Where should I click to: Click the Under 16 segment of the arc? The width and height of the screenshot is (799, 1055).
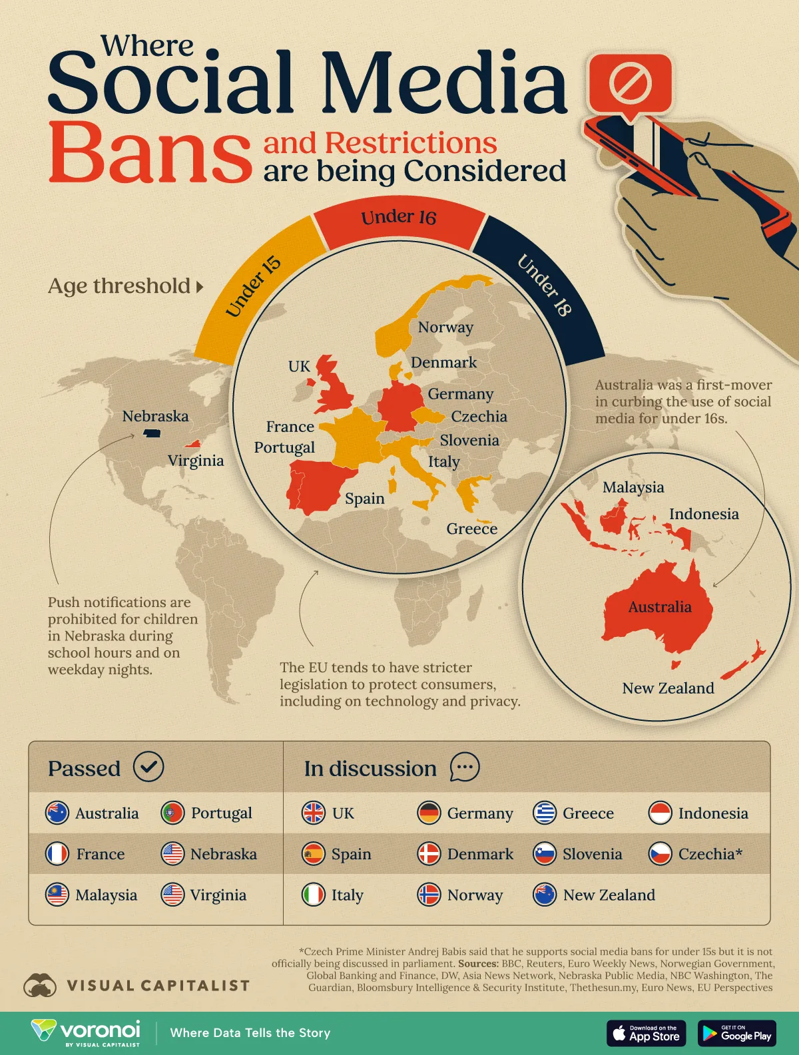pyautogui.click(x=399, y=218)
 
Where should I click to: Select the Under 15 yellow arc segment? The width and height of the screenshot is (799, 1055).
pyautogui.click(x=253, y=286)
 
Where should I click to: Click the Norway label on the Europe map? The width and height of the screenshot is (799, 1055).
pyautogui.click(x=445, y=327)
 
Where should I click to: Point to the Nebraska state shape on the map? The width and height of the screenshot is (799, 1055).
pyautogui.click(x=152, y=434)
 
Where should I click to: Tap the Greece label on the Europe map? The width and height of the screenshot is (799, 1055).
pyautogui.click(x=471, y=529)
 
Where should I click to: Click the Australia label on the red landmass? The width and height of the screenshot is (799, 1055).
pyautogui.click(x=660, y=607)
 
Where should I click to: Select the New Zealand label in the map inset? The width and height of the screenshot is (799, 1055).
pyautogui.click(x=668, y=688)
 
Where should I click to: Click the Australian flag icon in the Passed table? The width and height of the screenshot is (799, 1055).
pyautogui.click(x=57, y=813)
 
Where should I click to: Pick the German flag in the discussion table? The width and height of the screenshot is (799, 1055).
pyautogui.click(x=429, y=813)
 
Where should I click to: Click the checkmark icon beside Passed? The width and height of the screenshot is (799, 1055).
pyautogui.click(x=148, y=767)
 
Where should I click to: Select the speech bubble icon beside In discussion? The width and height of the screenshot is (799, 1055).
pyautogui.click(x=464, y=767)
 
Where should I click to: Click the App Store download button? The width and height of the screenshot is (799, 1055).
pyautogui.click(x=646, y=1033)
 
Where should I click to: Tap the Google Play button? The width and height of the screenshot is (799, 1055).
pyautogui.click(x=736, y=1033)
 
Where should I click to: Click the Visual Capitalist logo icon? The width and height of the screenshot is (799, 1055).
pyautogui.click(x=39, y=985)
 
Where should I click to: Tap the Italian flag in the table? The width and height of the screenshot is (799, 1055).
pyautogui.click(x=314, y=895)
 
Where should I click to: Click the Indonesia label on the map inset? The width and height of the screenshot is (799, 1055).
pyautogui.click(x=704, y=515)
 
